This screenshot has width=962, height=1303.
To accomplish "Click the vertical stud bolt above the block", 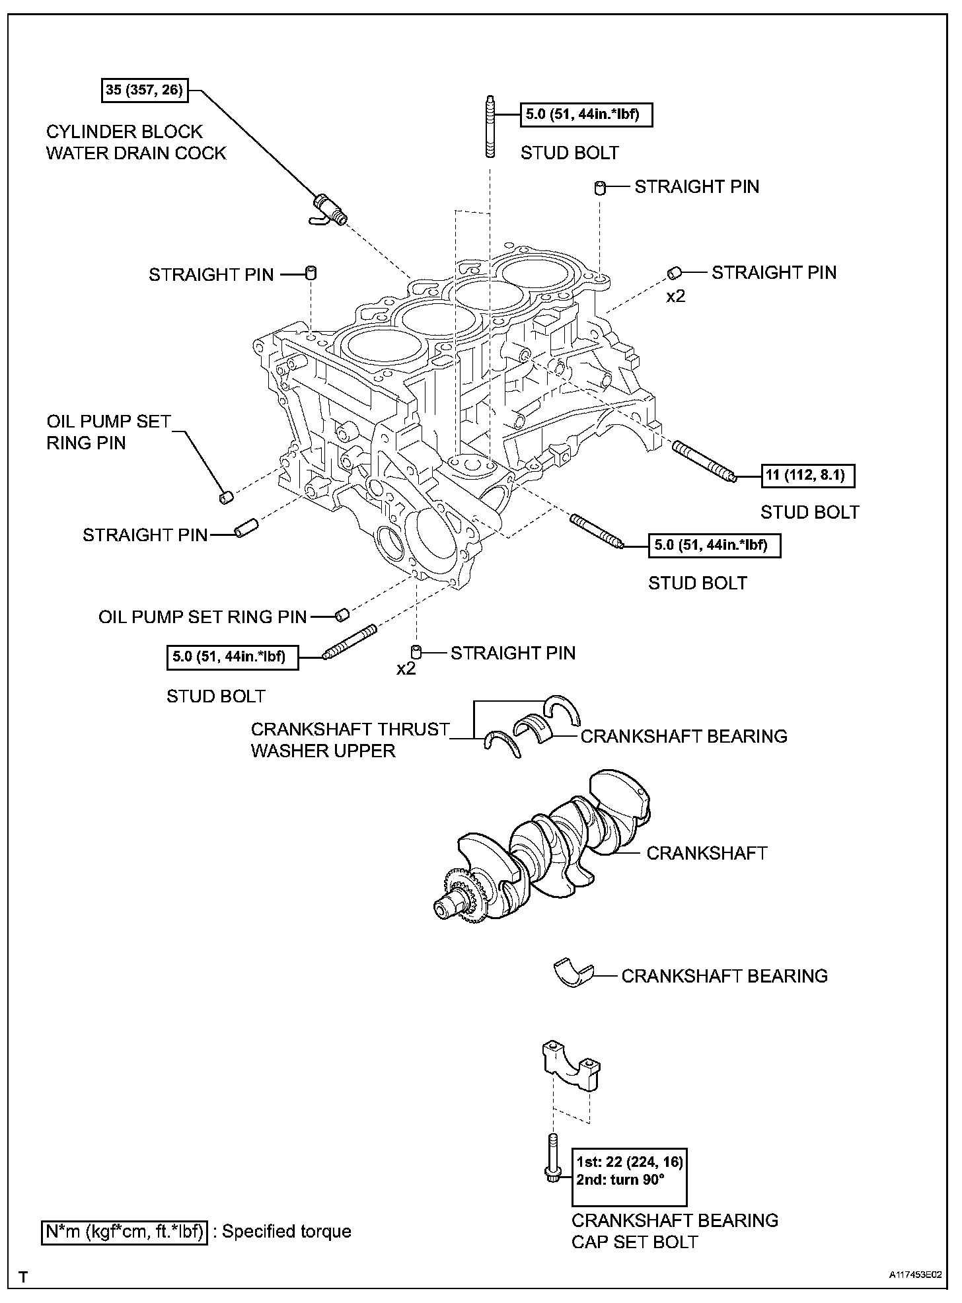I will tap(490, 127).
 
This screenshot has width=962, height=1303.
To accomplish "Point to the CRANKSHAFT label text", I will tap(706, 853).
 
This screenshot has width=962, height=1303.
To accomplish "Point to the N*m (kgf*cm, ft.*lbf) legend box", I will tap(125, 1232).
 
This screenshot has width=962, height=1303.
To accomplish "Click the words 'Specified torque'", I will tap(286, 1232).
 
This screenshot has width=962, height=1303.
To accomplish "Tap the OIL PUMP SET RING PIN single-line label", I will tap(203, 616).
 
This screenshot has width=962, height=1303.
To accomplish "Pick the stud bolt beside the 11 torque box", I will tap(704, 461).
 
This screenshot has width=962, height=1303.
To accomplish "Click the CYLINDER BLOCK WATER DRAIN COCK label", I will tap(136, 142).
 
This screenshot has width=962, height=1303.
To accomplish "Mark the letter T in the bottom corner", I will tap(24, 1277).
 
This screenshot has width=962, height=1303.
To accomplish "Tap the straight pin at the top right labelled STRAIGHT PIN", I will tap(599, 188).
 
